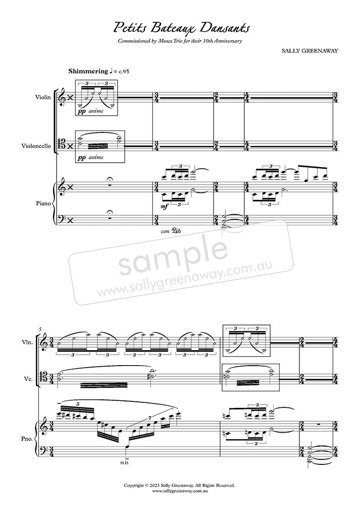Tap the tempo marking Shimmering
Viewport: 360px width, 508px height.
click(88, 71)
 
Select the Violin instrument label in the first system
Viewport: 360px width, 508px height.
click(44, 97)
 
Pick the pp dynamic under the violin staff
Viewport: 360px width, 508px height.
click(81, 111)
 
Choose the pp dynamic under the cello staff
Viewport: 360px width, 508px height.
click(81, 157)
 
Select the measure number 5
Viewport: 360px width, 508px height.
click(40, 329)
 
